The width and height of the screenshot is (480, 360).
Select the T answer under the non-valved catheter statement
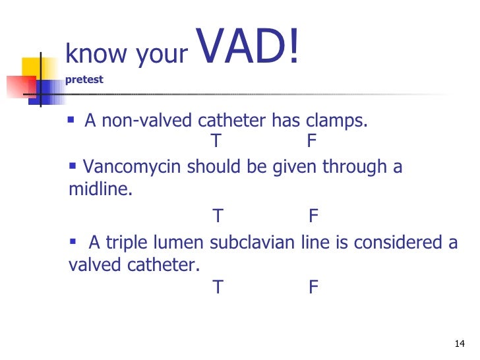217,142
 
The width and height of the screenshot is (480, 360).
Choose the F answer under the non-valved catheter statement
313,142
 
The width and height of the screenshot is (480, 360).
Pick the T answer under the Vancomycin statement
218,216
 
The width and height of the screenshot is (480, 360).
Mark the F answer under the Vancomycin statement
314,216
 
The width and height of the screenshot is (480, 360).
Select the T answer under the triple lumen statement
218,287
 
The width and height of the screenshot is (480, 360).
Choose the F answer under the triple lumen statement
314,287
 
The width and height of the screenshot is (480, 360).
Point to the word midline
99,191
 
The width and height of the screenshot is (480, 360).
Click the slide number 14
460,344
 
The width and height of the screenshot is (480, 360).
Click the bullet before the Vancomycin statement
73,165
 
